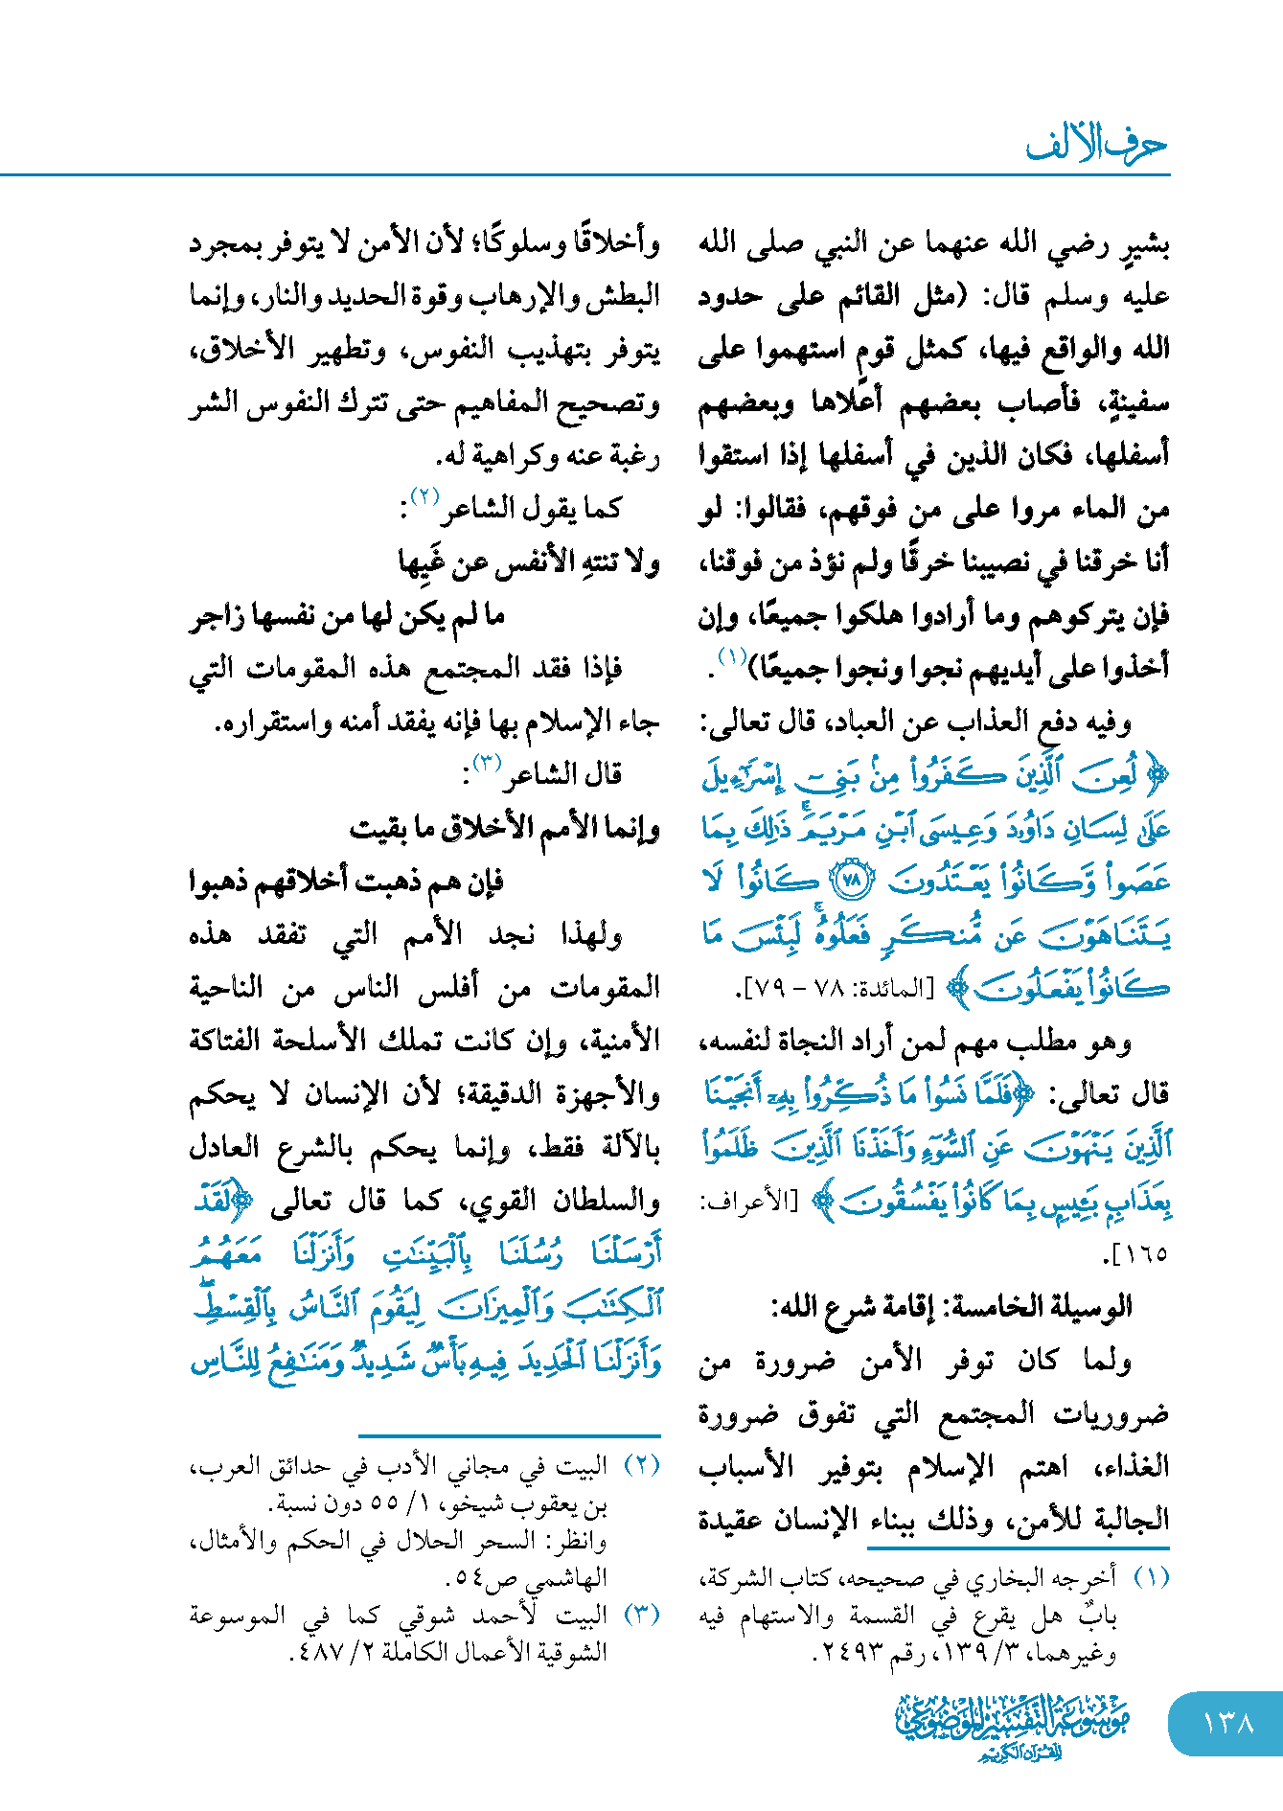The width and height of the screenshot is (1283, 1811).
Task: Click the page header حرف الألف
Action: pyautogui.click(x=1096, y=145)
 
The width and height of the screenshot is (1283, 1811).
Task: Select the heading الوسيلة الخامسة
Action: pyautogui.click(x=1047, y=1305)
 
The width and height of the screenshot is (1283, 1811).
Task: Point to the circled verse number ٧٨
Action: pyautogui.click(x=853, y=878)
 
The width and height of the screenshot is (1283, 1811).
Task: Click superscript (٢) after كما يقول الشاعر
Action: pyautogui.click(x=424, y=496)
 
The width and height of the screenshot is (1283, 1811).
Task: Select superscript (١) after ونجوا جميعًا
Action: pyautogui.click(x=734, y=657)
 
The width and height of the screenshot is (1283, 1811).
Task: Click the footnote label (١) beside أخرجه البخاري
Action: pyautogui.click(x=1152, y=1577)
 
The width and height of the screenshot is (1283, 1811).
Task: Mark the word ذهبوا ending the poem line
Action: pyautogui.click(x=223, y=882)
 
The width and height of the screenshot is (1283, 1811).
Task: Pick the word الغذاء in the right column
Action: pyautogui.click(x=1131, y=1466)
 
